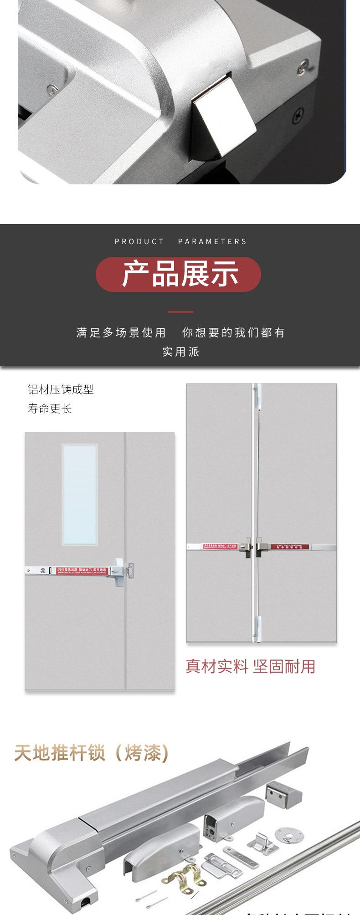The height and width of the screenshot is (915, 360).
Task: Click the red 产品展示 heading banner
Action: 178,274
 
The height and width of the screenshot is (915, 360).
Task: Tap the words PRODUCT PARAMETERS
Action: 180,241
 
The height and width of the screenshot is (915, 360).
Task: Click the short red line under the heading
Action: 180,312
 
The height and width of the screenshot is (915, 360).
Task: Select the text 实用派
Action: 180,352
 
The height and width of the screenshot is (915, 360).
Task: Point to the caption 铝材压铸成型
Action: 61,389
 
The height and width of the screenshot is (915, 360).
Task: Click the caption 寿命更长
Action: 50,409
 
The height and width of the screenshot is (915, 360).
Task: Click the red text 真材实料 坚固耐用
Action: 250,666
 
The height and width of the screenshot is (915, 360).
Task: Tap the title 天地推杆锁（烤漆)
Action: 92,752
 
